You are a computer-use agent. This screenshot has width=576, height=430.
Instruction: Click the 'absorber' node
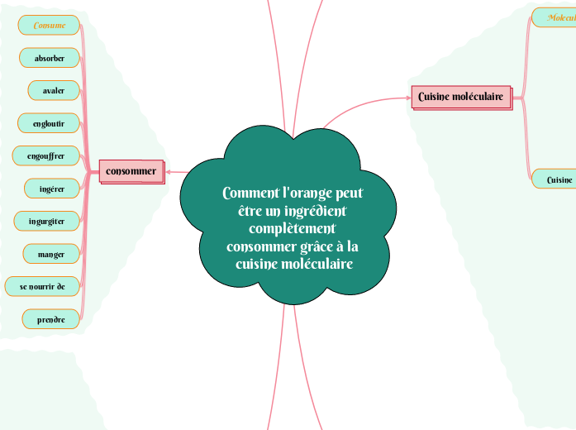click(x=50, y=58)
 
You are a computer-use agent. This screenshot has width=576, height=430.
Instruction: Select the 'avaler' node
click(x=54, y=89)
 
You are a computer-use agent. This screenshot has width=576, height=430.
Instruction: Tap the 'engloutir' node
click(x=50, y=123)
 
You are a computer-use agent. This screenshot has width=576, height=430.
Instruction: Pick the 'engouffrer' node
click(x=46, y=155)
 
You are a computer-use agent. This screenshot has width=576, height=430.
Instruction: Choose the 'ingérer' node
click(x=52, y=189)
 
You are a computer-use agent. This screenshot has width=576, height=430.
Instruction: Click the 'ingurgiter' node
click(x=47, y=222)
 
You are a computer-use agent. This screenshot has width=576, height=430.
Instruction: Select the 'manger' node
click(x=50, y=253)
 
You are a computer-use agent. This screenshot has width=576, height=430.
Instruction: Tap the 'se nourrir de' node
click(x=42, y=286)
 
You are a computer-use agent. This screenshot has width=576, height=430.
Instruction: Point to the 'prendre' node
click(x=50, y=318)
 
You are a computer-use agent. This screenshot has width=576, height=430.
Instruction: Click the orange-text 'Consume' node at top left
click(x=50, y=26)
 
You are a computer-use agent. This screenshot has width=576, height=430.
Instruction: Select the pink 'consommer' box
click(x=131, y=171)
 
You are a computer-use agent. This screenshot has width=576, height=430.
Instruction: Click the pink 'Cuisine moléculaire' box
click(x=461, y=97)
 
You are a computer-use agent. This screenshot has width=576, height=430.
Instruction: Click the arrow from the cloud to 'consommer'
click(x=174, y=172)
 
